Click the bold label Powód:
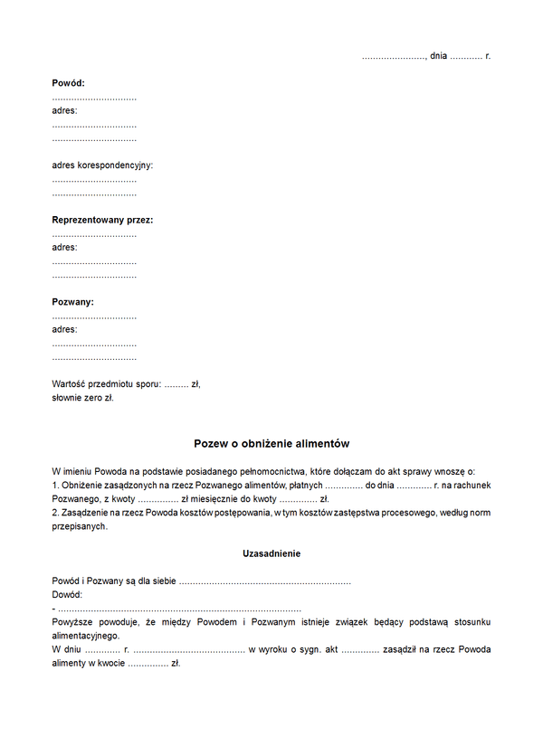69,83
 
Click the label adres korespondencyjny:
103,165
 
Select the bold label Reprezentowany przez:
102,220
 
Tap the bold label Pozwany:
73,302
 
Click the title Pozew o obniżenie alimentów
271,444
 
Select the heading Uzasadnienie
271,553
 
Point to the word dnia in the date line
439,56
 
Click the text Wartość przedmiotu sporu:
106,384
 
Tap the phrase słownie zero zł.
83,398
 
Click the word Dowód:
68,594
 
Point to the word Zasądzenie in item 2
88,513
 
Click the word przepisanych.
80,526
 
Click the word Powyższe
74,622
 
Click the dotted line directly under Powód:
94,98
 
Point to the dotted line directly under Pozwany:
94,316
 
